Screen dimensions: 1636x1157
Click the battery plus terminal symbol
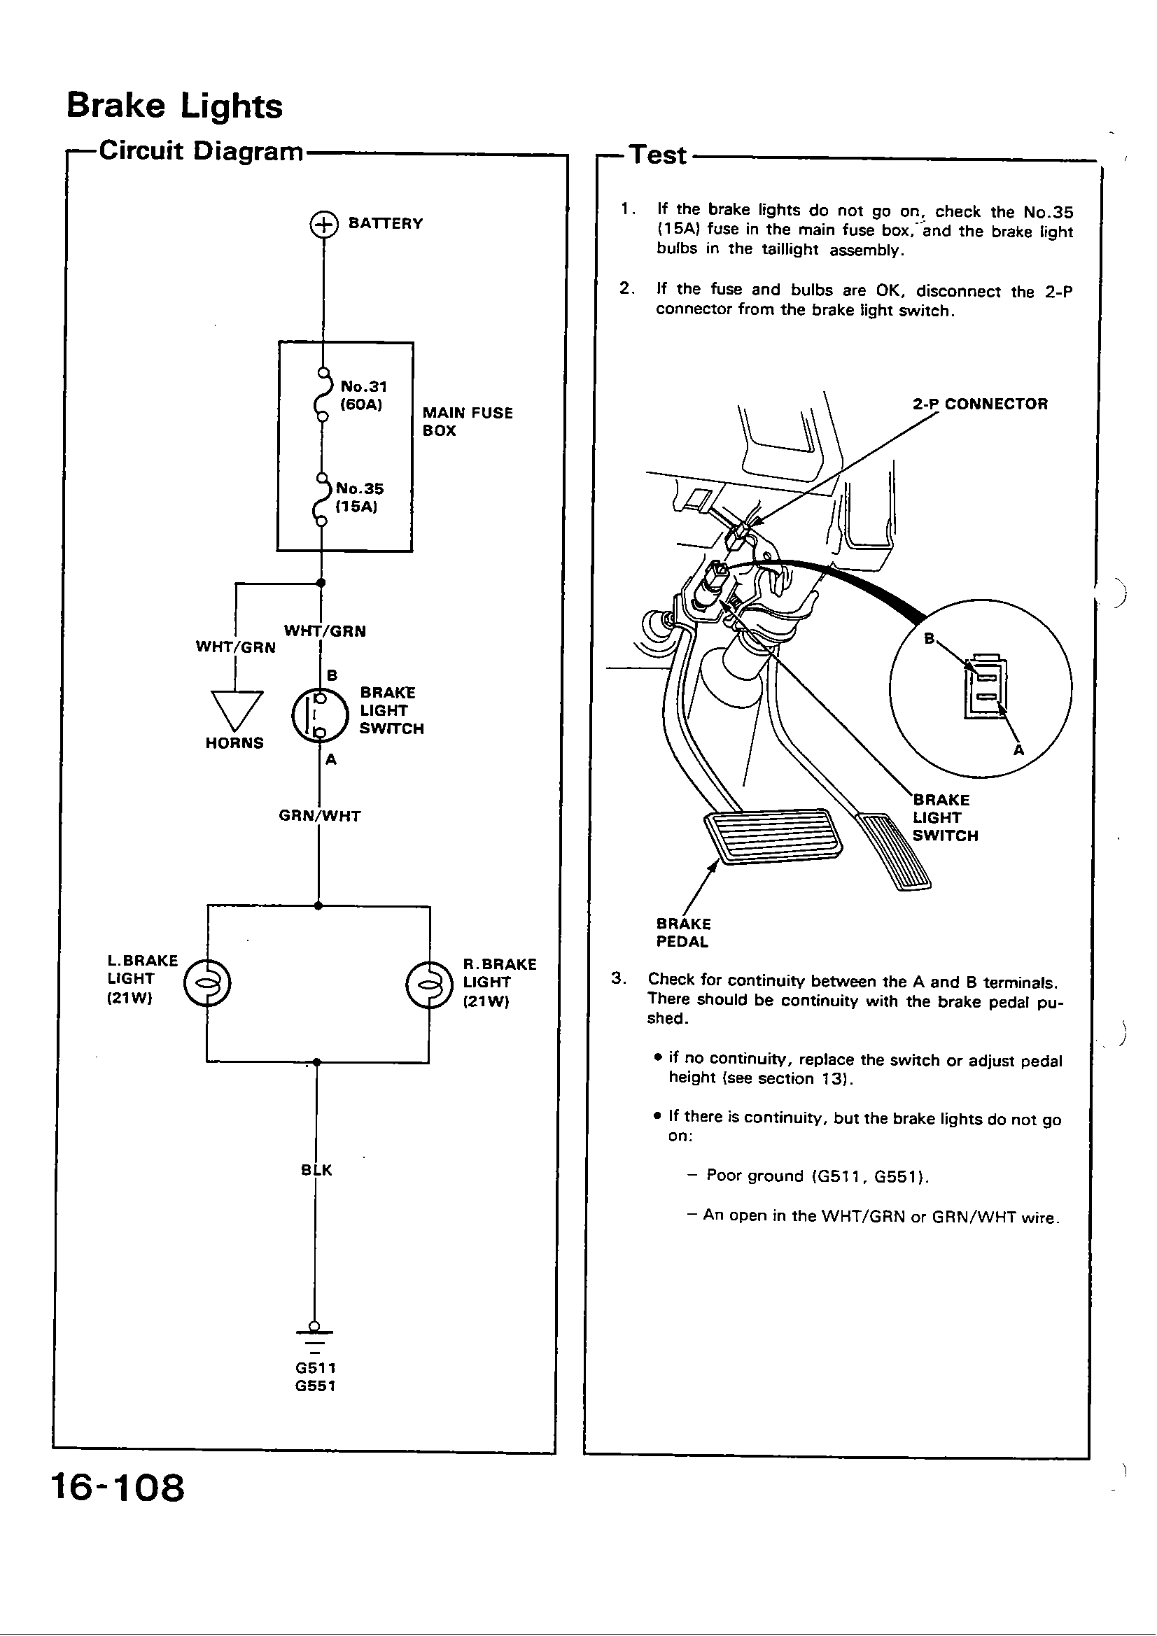(x=323, y=225)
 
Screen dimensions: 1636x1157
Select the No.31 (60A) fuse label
(x=363, y=395)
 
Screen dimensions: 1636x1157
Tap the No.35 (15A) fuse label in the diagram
(x=359, y=498)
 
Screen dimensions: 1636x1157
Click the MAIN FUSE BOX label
(x=467, y=422)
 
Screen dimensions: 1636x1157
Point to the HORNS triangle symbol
(x=237, y=707)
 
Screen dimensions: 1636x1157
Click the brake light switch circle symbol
(x=320, y=714)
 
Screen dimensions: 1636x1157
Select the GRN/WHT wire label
(x=319, y=816)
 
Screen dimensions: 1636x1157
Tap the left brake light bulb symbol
(x=206, y=984)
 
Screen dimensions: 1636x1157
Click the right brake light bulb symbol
(x=429, y=985)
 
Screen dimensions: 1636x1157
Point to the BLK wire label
(x=316, y=1170)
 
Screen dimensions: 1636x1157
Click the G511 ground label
(x=315, y=1368)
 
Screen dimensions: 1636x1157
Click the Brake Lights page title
(x=174, y=106)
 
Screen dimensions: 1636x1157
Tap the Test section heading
(x=658, y=155)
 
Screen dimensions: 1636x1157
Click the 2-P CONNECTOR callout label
(x=979, y=404)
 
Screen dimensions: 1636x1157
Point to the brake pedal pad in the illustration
(x=772, y=835)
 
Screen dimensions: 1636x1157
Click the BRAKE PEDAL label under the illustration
(x=683, y=933)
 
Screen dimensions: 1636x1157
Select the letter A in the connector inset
(x=1018, y=750)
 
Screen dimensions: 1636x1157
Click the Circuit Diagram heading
(x=201, y=151)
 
